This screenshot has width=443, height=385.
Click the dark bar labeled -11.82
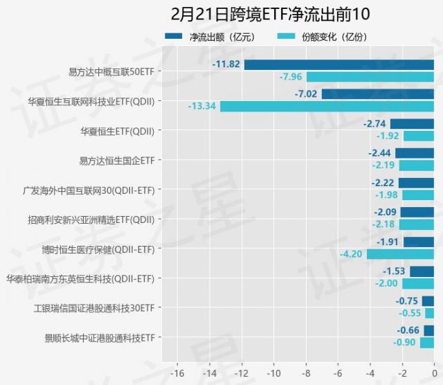338,64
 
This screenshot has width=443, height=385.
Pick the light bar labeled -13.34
327,106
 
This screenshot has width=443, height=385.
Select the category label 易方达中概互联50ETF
111,71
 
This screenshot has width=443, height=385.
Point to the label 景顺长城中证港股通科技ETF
99,337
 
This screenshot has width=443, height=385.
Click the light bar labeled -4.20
400,254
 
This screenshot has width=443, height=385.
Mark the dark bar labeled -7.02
377,94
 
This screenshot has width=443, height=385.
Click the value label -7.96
290,76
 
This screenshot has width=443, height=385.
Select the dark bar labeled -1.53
422,271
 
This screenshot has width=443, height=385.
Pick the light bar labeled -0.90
426,343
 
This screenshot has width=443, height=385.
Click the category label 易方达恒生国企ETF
117,160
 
